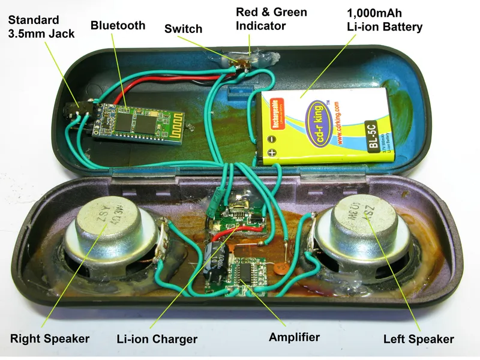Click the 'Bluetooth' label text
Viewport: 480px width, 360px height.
[118, 25]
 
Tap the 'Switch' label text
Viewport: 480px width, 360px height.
[183, 28]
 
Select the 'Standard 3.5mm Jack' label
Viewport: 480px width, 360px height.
[41, 28]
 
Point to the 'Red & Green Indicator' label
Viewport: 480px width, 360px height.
[271, 19]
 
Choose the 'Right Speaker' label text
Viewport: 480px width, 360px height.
[50, 338]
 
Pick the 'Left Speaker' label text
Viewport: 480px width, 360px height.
[419, 339]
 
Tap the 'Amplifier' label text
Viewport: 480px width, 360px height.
[294, 337]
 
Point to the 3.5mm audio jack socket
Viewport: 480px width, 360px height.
[76, 113]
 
